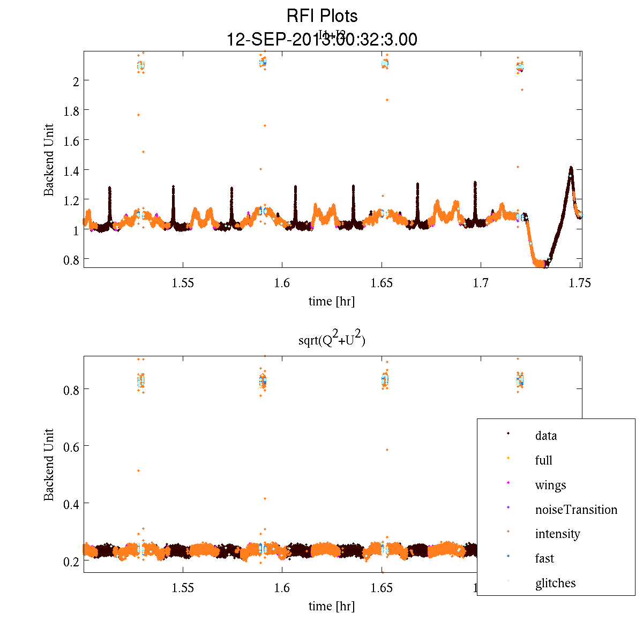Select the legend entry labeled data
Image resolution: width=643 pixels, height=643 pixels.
545,436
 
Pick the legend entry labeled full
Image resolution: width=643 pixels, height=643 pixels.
543,460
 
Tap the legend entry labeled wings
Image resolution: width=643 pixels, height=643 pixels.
550,485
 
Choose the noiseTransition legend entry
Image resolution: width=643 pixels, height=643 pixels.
576,510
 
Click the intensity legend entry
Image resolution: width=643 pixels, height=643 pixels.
557,534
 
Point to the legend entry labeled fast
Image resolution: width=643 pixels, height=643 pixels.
544,558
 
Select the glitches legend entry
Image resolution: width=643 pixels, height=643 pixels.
555,583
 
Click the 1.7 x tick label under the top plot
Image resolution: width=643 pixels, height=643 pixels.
481,283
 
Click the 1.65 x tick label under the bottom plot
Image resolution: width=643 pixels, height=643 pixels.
382,588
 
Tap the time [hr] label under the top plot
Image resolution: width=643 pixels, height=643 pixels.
331,301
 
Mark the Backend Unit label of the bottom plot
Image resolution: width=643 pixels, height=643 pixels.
49,465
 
